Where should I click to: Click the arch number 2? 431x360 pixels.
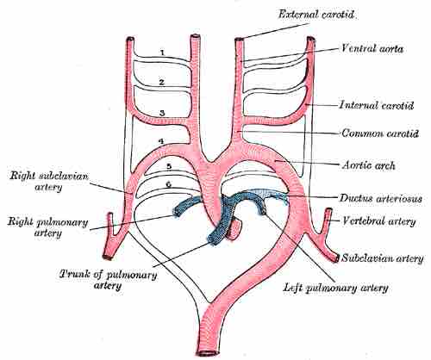click(161, 83)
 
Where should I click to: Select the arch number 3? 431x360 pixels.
click(161, 112)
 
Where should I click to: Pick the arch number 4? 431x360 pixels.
click(161, 140)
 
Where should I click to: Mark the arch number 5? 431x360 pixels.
click(170, 165)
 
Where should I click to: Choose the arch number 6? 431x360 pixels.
click(170, 183)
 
